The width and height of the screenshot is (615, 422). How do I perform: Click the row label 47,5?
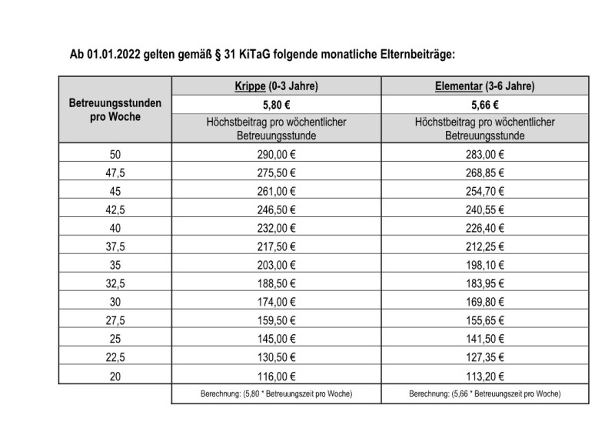point(115,173)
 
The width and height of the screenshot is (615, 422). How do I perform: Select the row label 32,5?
point(115,283)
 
